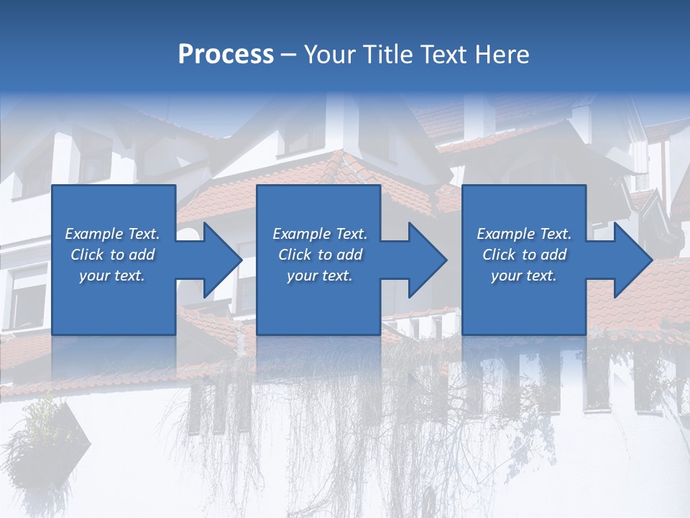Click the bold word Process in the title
226,54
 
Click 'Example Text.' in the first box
112,234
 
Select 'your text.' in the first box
112,276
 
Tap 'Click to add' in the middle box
320,255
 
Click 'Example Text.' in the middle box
320,234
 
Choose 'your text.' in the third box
524,276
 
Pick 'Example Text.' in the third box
524,234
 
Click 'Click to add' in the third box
524,255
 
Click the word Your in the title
328,54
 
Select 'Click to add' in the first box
112,255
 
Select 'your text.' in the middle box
320,276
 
